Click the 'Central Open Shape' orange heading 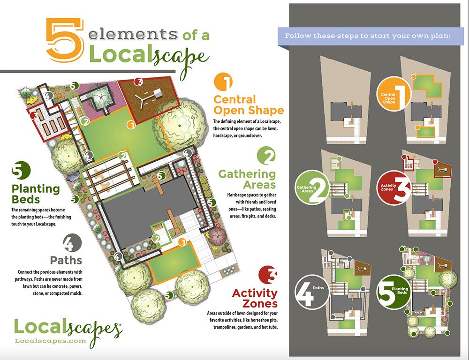pos(248,105)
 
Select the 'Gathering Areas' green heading pos(247,179)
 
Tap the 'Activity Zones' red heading pos(255,298)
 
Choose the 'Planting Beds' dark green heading pos(36,195)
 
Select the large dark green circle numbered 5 pos(21,171)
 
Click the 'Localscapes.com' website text pos(51,341)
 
